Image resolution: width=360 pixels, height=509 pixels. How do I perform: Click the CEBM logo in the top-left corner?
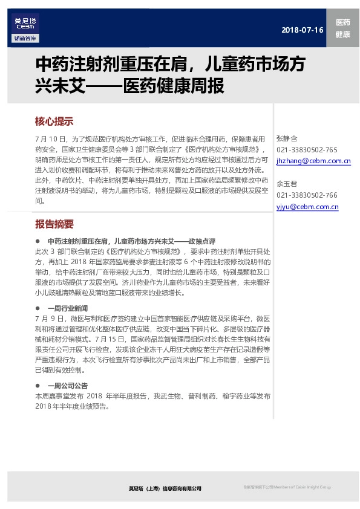(x=24, y=23)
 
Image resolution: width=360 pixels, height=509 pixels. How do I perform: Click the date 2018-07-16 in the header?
(x=303, y=30)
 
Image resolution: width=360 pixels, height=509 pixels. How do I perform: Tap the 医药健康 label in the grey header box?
(x=342, y=28)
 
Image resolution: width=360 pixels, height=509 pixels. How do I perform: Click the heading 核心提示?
(x=54, y=120)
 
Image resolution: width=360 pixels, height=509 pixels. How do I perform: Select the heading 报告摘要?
(x=54, y=224)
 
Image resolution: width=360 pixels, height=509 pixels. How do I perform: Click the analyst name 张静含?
(x=287, y=138)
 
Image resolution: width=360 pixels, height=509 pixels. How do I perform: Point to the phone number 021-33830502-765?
(x=307, y=149)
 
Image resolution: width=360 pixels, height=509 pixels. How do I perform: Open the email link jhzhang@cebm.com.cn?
(x=313, y=161)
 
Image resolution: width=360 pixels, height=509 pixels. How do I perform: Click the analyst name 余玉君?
(x=287, y=184)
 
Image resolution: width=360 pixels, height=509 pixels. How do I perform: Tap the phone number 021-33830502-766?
(x=307, y=195)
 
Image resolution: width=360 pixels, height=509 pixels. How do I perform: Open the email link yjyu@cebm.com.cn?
(x=307, y=207)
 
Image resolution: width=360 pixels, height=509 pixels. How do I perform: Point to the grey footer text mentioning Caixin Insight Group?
(x=287, y=487)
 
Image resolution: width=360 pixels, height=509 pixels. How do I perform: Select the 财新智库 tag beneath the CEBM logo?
(x=24, y=39)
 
